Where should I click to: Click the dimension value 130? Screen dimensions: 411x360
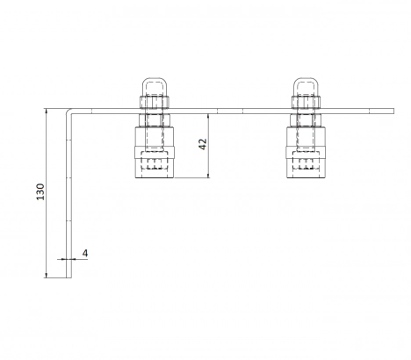point(40,191)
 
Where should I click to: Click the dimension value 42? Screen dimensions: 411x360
point(203,144)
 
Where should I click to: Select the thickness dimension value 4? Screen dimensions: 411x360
point(85,253)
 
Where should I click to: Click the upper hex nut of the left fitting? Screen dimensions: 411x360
point(155,102)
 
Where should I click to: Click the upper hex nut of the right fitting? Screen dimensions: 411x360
point(306,102)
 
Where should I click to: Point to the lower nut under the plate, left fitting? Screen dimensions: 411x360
point(155,120)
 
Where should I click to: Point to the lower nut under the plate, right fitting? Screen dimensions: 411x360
point(306,120)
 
